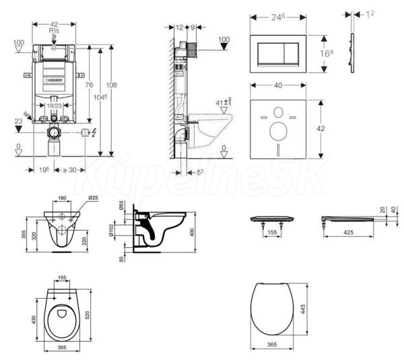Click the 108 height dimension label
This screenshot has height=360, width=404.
112,85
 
